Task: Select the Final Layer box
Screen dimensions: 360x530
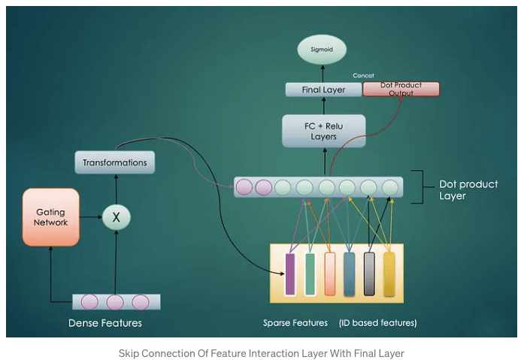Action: coord(323,90)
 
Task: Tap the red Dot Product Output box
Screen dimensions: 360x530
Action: coord(401,89)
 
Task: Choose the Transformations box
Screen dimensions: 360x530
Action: coord(114,162)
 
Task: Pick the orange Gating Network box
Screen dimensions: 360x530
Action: coord(50,217)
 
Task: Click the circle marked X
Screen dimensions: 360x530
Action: coord(116,217)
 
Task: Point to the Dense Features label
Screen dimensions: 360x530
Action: coord(105,323)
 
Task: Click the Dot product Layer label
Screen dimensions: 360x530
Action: coord(468,190)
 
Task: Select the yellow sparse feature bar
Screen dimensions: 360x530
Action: coord(389,274)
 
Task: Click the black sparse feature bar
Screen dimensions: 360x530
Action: coord(369,274)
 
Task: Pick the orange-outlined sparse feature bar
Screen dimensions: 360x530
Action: coord(329,274)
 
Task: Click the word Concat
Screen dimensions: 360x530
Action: coord(363,76)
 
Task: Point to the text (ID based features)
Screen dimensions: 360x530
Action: coord(377,323)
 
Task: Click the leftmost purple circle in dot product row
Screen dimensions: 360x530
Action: coord(245,186)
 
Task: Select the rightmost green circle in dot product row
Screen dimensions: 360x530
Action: coord(389,186)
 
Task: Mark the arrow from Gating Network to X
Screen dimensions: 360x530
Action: coord(89,217)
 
